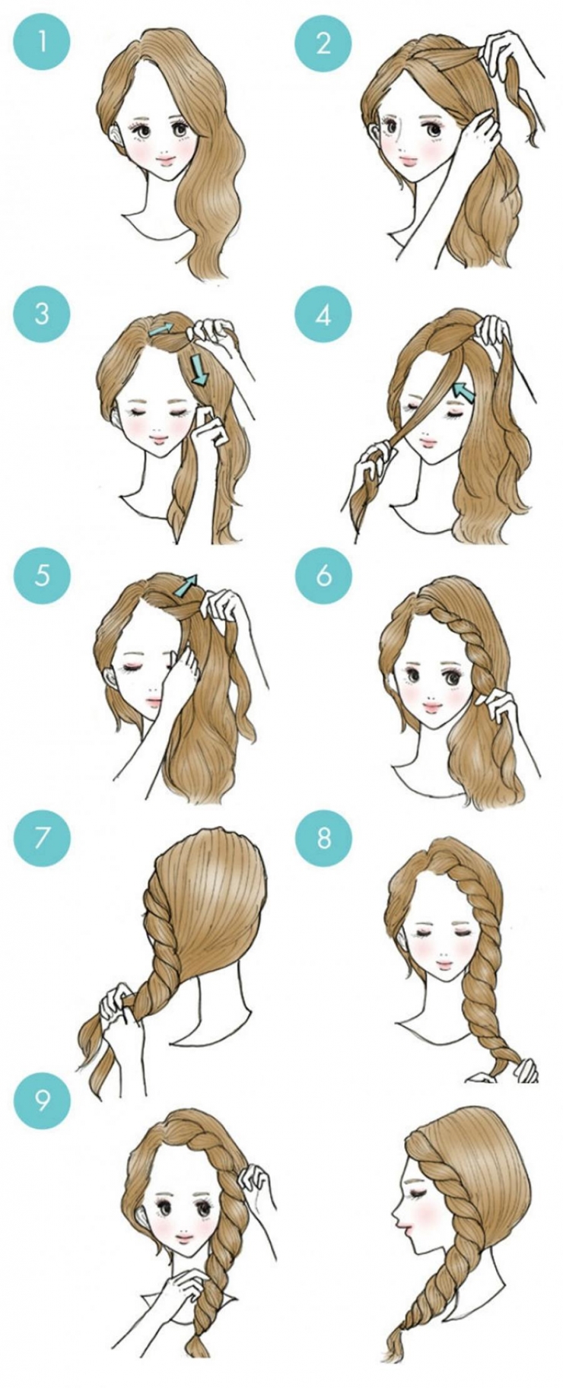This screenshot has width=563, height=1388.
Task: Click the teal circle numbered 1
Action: (x=42, y=43)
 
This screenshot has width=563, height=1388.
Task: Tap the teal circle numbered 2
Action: (x=324, y=43)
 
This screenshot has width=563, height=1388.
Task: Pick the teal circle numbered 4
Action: (x=324, y=313)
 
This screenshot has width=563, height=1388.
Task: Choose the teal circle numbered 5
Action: (x=42, y=574)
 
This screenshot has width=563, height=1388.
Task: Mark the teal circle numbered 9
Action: (x=42, y=1101)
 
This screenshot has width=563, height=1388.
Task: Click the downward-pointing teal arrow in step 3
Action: (x=199, y=369)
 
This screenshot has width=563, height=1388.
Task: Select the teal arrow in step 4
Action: (x=463, y=392)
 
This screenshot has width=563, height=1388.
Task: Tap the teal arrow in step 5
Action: (x=185, y=585)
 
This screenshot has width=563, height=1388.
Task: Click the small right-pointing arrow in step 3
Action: (x=161, y=329)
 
